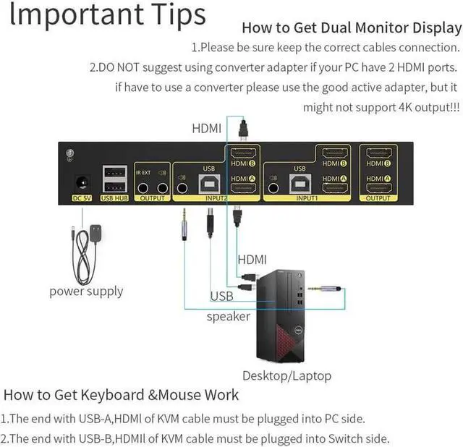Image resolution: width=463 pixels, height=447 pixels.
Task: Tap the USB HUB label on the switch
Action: [x=114, y=197]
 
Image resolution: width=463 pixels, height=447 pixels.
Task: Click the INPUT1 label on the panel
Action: [x=307, y=197]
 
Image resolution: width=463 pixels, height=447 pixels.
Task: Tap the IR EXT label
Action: [x=143, y=173]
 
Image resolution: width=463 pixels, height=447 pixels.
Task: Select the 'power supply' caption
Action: [x=86, y=291]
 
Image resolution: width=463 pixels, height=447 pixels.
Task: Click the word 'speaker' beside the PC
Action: [x=229, y=316]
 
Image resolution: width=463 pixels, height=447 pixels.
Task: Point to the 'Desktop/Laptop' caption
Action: [x=286, y=375]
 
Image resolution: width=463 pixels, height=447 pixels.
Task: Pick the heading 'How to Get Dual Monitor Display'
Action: [x=351, y=28]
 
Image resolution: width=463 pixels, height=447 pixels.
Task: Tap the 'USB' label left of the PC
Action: [x=221, y=296]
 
